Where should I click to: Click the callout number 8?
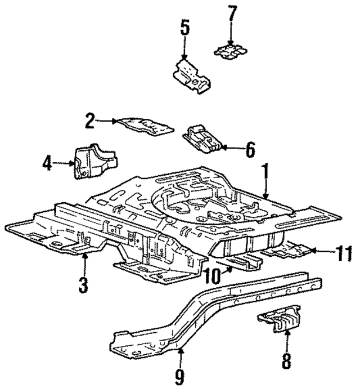287,360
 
